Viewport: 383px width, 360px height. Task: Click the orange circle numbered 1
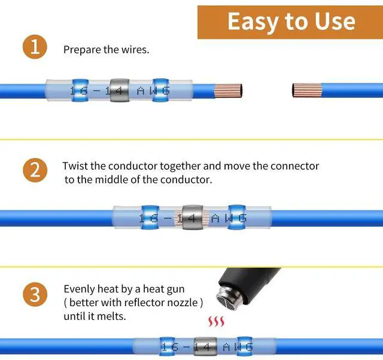click(x=35, y=47)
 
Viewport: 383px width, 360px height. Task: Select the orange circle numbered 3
click(x=35, y=295)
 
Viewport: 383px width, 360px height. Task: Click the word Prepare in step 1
click(x=82, y=50)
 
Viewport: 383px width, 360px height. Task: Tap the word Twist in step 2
click(x=75, y=166)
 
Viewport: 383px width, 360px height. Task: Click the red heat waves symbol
click(x=216, y=322)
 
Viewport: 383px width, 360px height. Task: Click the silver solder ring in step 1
click(x=119, y=90)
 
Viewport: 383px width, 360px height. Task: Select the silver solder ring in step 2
click(x=193, y=217)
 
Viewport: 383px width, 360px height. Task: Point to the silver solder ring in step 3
click(x=205, y=347)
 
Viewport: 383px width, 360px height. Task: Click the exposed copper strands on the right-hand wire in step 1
click(x=307, y=90)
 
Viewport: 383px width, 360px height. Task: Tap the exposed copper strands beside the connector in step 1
click(x=228, y=91)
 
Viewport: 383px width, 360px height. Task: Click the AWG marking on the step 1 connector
click(x=153, y=91)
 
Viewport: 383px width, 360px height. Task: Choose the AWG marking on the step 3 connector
click(x=238, y=347)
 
